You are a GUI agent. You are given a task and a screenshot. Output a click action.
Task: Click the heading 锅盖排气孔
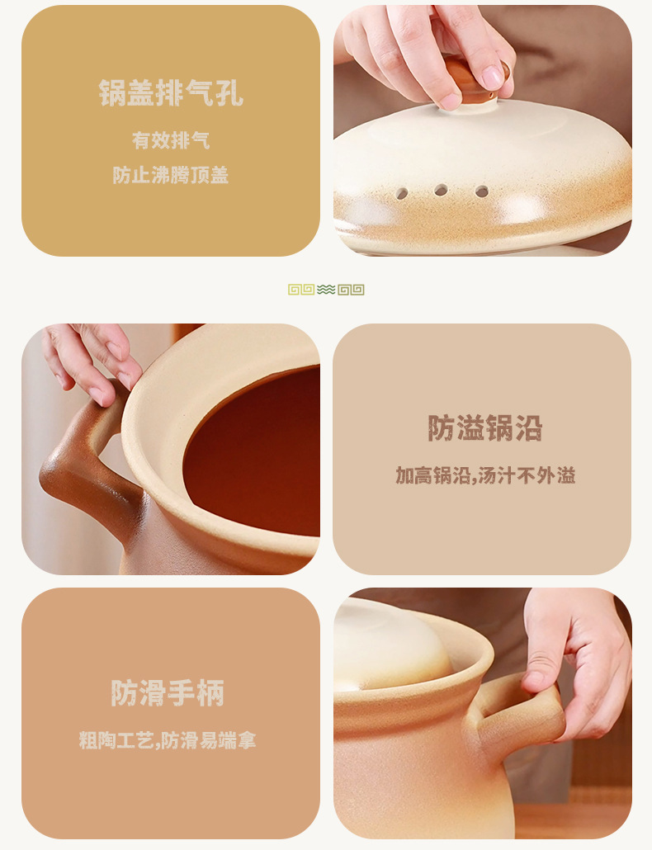pyautogui.click(x=171, y=93)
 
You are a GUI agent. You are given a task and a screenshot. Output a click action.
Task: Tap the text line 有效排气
pyautogui.click(x=171, y=140)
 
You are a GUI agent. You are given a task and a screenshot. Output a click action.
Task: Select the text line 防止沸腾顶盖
pyautogui.click(x=171, y=175)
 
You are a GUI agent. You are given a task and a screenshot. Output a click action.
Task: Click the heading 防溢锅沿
pyautogui.click(x=484, y=428)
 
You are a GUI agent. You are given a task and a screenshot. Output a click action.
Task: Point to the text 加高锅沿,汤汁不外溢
pyautogui.click(x=484, y=475)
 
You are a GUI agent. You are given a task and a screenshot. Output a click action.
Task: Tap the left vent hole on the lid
pyautogui.click(x=402, y=193)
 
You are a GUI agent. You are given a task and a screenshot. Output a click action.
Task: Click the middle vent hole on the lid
pyautogui.click(x=442, y=190)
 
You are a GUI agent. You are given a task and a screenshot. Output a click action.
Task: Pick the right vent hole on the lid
pyautogui.click(x=481, y=191)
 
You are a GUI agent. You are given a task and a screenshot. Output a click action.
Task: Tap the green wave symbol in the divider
pyautogui.click(x=326, y=290)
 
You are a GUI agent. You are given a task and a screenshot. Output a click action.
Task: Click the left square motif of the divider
pyautogui.click(x=301, y=290)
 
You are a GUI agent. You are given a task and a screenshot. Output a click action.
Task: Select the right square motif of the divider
pyautogui.click(x=351, y=290)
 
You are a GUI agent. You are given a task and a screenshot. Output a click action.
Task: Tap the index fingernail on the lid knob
pyautogui.click(x=493, y=77)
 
